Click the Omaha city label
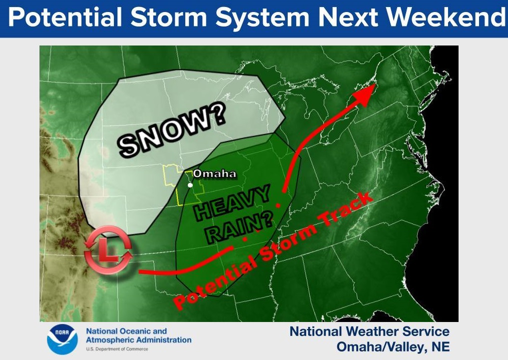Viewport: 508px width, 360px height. (214, 174)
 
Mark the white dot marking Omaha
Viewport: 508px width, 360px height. (190, 185)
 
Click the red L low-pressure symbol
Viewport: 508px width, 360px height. (108, 250)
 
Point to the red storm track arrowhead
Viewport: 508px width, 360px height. (367, 93)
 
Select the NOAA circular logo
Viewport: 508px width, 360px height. (62, 339)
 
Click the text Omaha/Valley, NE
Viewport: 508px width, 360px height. (393, 346)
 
